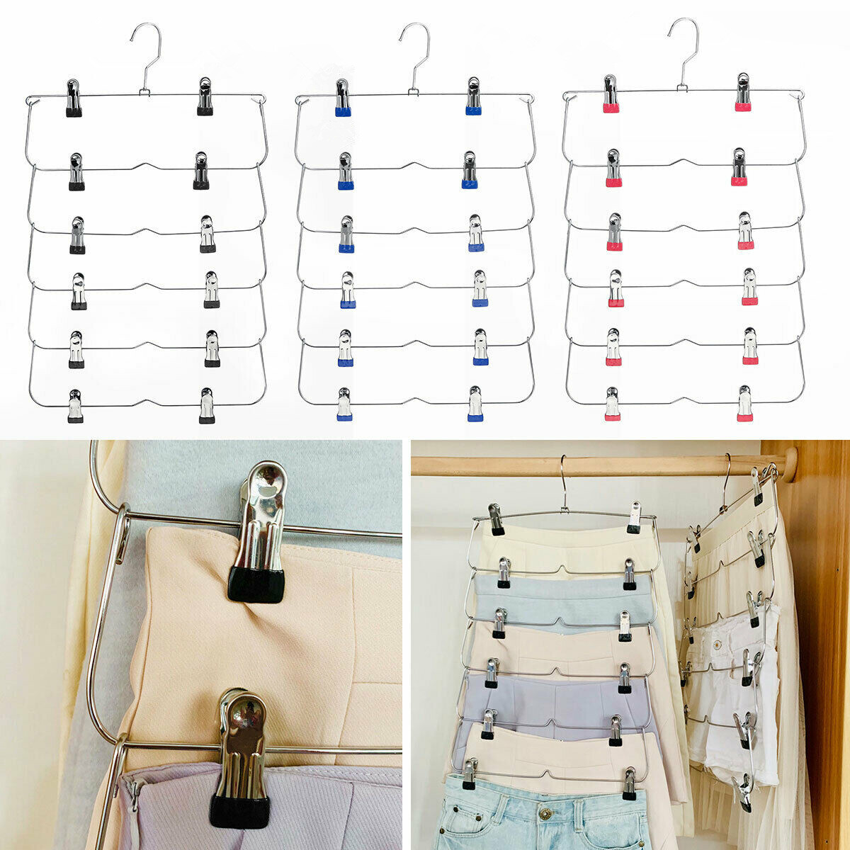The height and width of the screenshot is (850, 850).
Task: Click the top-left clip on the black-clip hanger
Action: (73, 98)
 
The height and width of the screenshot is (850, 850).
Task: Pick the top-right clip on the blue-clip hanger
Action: (474, 96)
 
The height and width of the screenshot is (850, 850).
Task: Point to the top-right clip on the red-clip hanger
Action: (742, 93)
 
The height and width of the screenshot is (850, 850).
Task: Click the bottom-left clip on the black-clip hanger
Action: (75, 406)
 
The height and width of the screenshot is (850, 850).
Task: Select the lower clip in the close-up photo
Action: (239, 758)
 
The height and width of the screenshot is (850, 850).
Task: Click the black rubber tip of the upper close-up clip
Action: (256, 584)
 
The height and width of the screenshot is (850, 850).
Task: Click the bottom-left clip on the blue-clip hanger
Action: (344, 404)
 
